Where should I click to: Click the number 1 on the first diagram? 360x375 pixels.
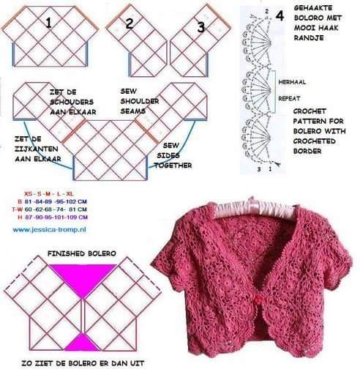tap(48, 23)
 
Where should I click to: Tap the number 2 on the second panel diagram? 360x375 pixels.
tap(130, 23)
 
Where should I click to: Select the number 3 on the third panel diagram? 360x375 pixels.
tap(200, 27)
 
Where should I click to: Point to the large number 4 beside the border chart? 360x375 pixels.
tap(280, 16)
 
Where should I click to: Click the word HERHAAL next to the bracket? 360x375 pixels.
tap(292, 82)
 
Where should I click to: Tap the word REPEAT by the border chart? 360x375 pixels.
tap(289, 98)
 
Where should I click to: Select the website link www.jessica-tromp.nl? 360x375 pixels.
tap(49, 230)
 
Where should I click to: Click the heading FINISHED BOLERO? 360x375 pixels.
tap(82, 253)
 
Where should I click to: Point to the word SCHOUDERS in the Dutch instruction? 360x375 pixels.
tap(72, 102)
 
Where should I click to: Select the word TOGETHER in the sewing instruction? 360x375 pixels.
tap(173, 166)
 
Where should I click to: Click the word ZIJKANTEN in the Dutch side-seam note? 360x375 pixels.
tap(37, 149)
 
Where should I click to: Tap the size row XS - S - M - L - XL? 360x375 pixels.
tap(49, 194)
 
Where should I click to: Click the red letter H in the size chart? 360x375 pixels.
tap(20, 218)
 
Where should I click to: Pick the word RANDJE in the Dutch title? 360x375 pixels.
tap(309, 38)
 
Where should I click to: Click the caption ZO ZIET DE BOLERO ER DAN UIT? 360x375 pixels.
tap(83, 363)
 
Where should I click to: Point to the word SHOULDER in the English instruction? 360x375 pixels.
tap(140, 101)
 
